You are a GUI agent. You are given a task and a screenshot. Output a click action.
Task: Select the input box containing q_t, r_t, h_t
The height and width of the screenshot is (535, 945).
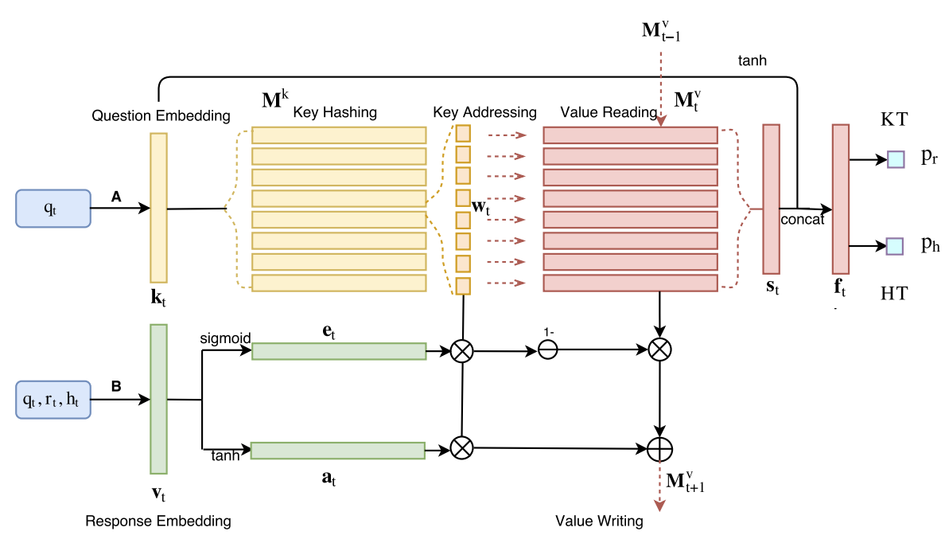tap(52, 400)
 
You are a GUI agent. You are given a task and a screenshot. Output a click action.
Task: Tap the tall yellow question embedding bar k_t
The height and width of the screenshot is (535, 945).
tap(158, 208)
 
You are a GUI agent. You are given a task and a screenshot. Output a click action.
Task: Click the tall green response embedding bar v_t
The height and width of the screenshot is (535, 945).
tap(158, 399)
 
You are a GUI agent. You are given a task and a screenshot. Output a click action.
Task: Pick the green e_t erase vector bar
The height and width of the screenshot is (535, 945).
tap(339, 351)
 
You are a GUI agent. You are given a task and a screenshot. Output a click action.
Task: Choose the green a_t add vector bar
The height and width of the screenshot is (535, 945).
tap(338, 451)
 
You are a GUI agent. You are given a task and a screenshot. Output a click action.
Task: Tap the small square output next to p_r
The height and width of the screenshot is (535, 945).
tap(896, 159)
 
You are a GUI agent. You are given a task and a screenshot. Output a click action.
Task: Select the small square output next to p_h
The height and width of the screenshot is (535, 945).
tap(896, 246)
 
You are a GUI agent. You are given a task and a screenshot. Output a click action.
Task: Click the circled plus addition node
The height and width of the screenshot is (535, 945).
tap(659, 450)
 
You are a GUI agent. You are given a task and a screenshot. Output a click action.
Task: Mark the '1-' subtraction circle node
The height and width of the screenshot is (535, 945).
tap(548, 350)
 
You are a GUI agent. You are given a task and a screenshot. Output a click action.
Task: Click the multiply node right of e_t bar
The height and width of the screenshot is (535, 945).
tap(461, 351)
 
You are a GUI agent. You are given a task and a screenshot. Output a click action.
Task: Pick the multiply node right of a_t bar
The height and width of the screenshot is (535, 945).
tap(461, 448)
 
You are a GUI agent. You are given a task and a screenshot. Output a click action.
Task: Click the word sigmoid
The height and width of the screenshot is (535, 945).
tap(227, 338)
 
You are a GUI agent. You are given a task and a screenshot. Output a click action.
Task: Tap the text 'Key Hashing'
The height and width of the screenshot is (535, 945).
tap(335, 112)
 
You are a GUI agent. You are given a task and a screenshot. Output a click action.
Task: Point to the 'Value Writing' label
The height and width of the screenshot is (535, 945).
tap(599, 521)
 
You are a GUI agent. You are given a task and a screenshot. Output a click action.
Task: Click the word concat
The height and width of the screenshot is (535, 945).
tap(802, 220)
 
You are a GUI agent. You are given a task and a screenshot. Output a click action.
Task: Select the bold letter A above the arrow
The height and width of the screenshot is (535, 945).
tap(116, 196)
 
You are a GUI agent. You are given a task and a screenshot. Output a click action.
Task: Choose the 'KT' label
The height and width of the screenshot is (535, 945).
tap(893, 120)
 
